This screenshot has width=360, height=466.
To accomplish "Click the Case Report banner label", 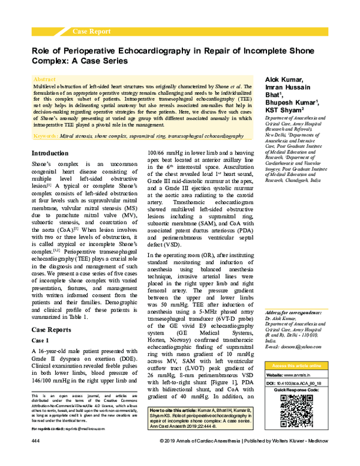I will tap(91, 30).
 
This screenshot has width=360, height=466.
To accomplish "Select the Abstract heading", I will tap(45, 79).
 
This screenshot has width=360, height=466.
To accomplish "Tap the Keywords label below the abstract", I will tap(46, 136).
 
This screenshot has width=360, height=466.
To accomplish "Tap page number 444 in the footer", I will tap(35, 458).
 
